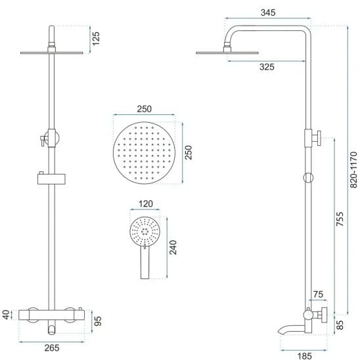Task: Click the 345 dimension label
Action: (x=268, y=12)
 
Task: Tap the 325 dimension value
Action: (x=267, y=67)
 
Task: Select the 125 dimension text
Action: (x=96, y=38)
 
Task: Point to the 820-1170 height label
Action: (x=353, y=170)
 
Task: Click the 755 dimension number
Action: (x=340, y=219)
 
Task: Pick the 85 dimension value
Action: (x=340, y=325)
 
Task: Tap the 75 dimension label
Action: (x=318, y=294)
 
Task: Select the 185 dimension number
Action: (x=304, y=356)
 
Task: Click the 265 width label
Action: (x=52, y=348)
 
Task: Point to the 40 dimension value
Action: (x=6, y=315)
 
